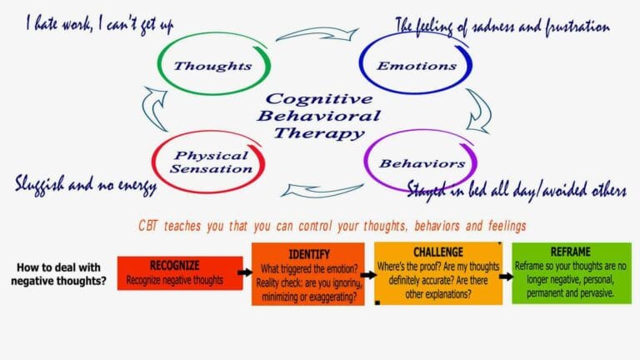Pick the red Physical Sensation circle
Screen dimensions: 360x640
212,161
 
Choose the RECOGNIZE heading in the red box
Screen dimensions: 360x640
175,266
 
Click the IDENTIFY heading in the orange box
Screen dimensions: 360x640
308,253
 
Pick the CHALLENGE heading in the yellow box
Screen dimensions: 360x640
437,251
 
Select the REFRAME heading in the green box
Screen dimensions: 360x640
571,250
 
